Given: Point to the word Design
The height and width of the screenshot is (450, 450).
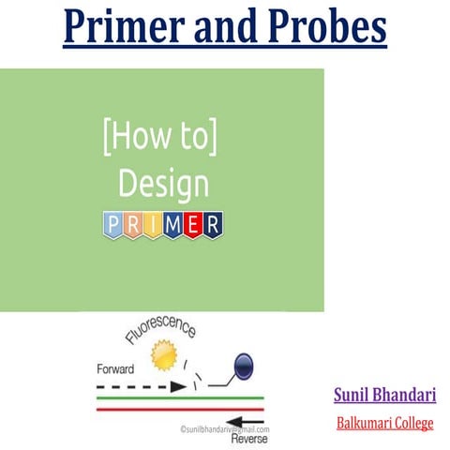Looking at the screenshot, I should [162, 185].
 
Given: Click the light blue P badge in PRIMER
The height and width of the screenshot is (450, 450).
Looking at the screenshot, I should [112, 225].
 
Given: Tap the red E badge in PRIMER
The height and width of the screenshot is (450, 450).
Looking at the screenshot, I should [193, 225].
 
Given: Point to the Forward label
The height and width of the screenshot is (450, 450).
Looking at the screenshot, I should [116, 368].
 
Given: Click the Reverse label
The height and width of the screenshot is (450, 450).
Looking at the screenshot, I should [246, 437].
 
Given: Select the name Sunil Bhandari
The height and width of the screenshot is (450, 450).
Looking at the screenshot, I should [384, 394].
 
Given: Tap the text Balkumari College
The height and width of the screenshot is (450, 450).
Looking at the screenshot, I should [384, 423].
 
